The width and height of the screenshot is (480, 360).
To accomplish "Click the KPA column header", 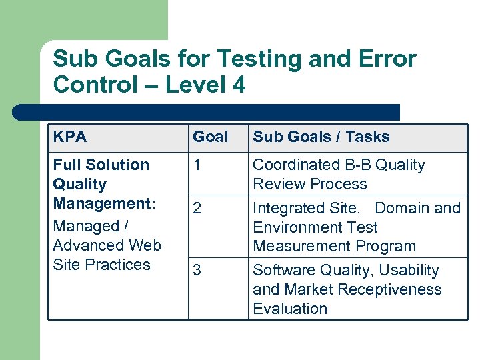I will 69,137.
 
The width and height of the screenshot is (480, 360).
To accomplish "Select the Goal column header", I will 210,137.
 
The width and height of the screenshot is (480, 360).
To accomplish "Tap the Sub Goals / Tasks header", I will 321,137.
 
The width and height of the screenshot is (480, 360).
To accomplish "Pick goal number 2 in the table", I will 197,209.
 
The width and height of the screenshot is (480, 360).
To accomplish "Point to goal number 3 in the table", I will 197,271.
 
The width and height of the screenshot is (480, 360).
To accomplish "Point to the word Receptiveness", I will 397,290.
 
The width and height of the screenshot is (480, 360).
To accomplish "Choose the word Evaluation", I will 290,309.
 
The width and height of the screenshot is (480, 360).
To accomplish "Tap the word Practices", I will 119,265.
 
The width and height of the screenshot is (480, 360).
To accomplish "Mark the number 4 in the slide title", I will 238,85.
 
